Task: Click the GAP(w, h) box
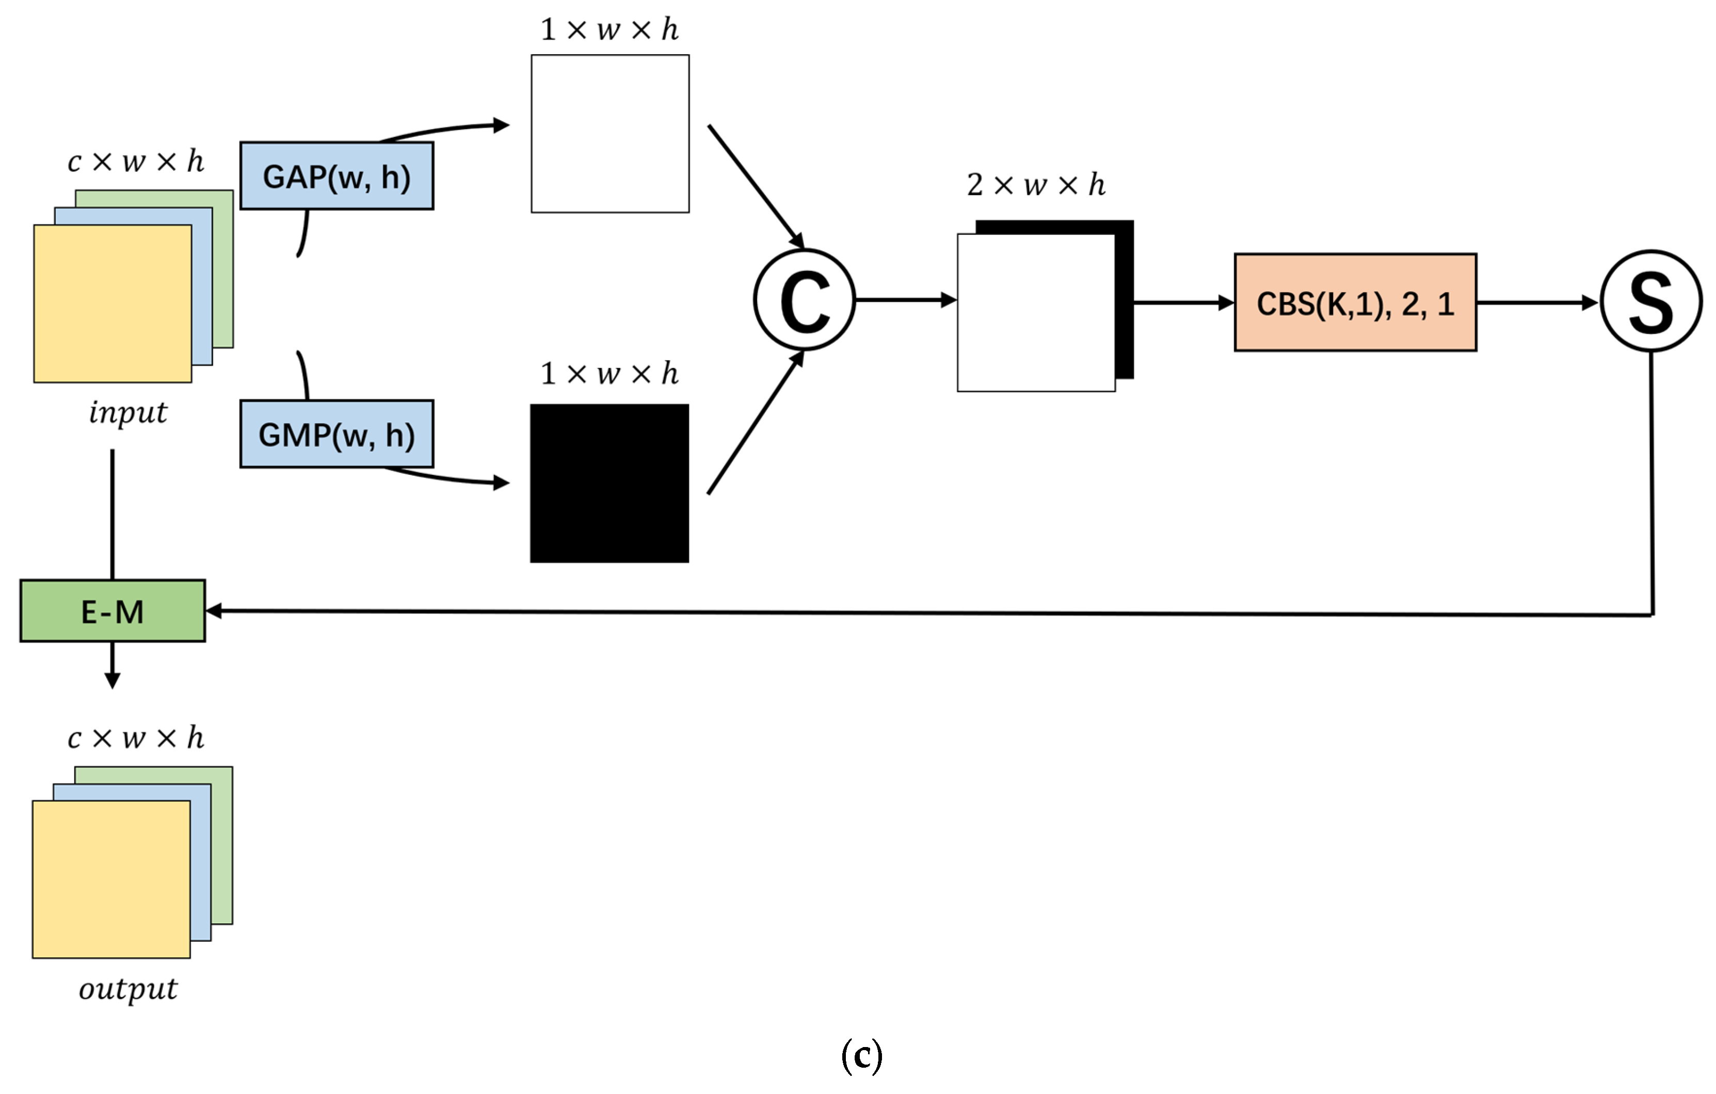coord(336,176)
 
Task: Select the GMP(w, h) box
coord(336,434)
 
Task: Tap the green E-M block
coord(113,611)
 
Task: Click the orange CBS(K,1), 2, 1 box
coord(1355,302)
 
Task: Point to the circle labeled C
coord(805,300)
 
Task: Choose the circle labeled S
coord(1650,301)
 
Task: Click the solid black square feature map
coord(610,483)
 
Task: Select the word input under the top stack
coord(129,412)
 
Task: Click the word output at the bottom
coord(129,989)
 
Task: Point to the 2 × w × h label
coord(1035,185)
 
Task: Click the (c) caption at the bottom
coord(861,1055)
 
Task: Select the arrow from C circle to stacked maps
coord(905,300)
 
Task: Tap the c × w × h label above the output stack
coord(135,737)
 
